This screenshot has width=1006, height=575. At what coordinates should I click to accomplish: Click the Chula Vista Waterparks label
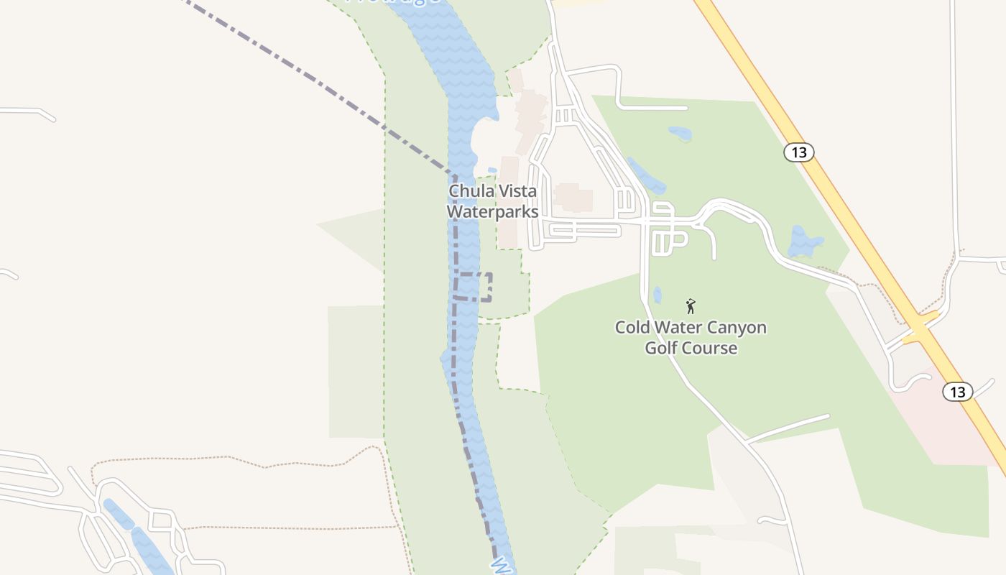492,202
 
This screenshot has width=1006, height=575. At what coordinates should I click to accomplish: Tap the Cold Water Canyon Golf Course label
691,338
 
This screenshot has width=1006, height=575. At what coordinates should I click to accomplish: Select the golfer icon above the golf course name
691,307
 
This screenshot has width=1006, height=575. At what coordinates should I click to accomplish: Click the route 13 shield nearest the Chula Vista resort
798,152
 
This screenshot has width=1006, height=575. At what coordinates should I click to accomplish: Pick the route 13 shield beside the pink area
957,392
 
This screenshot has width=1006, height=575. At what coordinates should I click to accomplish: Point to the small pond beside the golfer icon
657,295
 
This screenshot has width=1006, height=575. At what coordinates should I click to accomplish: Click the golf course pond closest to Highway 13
805,241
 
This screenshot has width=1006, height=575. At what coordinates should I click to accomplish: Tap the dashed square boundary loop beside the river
474,287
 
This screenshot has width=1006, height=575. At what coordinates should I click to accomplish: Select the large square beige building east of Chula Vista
573,198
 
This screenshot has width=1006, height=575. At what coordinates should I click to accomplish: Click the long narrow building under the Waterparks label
509,230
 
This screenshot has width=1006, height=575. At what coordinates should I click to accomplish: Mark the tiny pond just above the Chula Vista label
492,171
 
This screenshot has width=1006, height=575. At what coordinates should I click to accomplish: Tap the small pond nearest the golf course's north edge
680,134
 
